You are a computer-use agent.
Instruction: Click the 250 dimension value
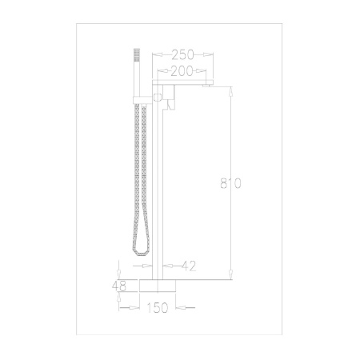[x=182, y=54]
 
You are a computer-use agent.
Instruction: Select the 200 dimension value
[x=182, y=71]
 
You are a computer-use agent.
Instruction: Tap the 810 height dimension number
[x=230, y=183]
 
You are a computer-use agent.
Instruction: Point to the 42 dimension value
[x=189, y=266]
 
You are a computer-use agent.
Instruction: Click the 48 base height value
[x=119, y=286]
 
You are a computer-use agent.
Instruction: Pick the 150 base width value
[x=158, y=307]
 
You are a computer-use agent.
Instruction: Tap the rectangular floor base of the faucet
[x=158, y=286]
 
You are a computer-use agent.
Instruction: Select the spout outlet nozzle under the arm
[x=207, y=85]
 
